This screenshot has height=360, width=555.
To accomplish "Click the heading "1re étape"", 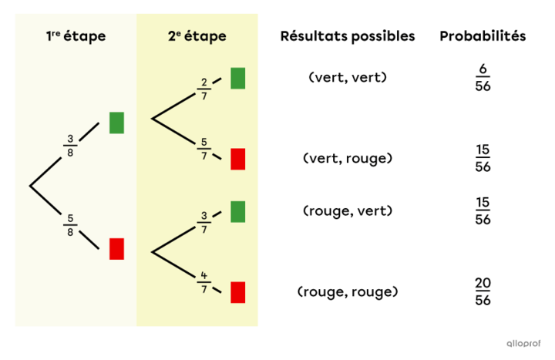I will [76, 36].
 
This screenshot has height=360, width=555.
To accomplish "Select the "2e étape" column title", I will [197, 36].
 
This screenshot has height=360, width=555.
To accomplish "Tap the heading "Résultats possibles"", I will [347, 36].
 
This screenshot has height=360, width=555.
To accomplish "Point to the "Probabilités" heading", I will [483, 36].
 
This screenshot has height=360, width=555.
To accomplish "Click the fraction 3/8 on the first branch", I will [70, 145].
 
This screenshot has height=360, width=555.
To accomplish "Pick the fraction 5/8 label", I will [70, 226].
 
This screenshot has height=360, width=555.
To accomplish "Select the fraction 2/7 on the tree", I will [203, 89].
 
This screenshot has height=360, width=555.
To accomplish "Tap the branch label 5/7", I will [203, 149].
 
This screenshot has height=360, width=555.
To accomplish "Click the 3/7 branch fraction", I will [203, 222].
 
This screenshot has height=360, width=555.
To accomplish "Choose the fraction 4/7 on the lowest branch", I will [203, 281].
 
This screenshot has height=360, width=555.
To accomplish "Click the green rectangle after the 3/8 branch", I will [116, 123].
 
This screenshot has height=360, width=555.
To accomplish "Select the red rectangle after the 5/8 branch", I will [116, 249].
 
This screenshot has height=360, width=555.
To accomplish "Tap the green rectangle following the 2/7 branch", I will [238, 78].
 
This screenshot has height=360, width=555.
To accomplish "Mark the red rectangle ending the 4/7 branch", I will [238, 292].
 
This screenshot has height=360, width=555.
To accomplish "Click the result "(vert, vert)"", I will [347, 77].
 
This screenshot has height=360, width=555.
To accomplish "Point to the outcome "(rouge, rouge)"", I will [347, 292].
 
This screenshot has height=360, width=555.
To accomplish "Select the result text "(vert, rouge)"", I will [347, 158].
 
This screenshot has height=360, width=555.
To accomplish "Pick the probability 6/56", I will [483, 78].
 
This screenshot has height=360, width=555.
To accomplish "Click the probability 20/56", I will [483, 292].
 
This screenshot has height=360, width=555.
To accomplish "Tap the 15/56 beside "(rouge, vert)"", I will [483, 211].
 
